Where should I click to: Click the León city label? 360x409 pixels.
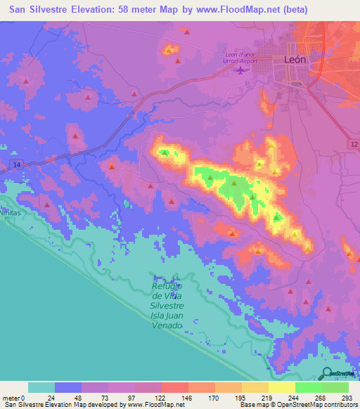pyautogui.click(x=295, y=60)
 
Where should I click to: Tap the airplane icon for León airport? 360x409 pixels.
pyautogui.click(x=243, y=69)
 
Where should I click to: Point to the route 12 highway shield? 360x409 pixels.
pyautogui.click(x=352, y=143)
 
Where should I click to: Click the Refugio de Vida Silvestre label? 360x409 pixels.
pyautogui.click(x=167, y=296)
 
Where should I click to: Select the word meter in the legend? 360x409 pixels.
pyautogui.click(x=13, y=398)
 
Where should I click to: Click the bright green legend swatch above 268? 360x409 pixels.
pyautogui.click(x=309, y=387)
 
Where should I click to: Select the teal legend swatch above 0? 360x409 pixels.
pyautogui.click(x=41, y=387)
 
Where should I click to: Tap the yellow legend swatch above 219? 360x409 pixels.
pyautogui.click(x=282, y=387)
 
